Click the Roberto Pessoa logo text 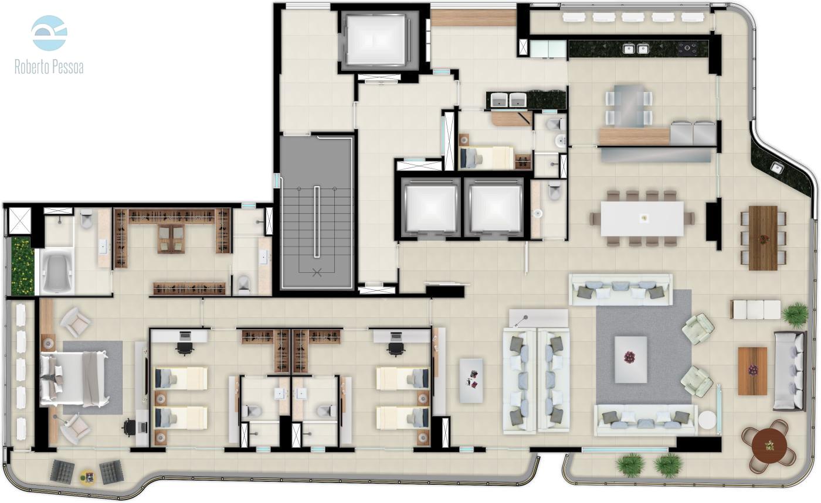pyautogui.click(x=49, y=67)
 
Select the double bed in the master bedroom pyautogui.click(x=75, y=379)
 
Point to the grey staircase pyautogui.click(x=317, y=213)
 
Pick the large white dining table pyautogui.click(x=642, y=219)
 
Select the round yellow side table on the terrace pyautogui.click(x=88, y=477)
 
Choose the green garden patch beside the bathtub pyautogui.click(x=23, y=266)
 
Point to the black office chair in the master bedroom pyautogui.click(x=129, y=426)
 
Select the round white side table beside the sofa pyautogui.click(x=707, y=420)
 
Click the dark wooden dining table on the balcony pyautogui.click(x=763, y=238)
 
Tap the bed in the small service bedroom pyautogui.click(x=487, y=158)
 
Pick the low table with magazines pyautogui.click(x=471, y=381)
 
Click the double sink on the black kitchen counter pyautogui.click(x=636, y=49)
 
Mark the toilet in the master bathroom pyautogui.click(x=87, y=218)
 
